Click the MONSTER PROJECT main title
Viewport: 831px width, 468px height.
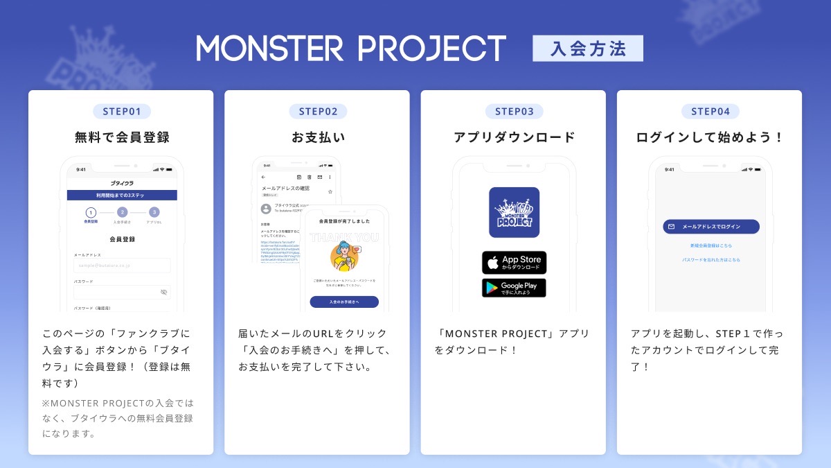351,49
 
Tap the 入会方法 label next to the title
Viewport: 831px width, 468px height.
587,49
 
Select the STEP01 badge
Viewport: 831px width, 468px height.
121,111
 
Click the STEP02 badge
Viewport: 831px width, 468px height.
318,111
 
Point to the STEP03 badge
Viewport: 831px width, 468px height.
514,111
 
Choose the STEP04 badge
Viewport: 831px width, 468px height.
710,111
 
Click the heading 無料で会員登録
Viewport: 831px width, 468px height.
121,137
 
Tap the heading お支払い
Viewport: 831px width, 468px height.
318,137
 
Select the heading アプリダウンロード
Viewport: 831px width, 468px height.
514,137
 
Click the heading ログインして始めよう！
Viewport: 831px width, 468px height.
710,137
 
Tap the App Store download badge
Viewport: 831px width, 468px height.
514,263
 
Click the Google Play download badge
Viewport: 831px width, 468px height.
514,288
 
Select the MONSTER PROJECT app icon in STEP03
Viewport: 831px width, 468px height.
514,212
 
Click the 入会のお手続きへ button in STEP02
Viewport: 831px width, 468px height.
344,302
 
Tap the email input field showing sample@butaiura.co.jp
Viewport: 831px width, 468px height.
122,266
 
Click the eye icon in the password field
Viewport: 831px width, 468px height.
163,292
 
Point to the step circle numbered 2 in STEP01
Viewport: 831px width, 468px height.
122,212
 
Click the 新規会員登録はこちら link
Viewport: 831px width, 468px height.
711,245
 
